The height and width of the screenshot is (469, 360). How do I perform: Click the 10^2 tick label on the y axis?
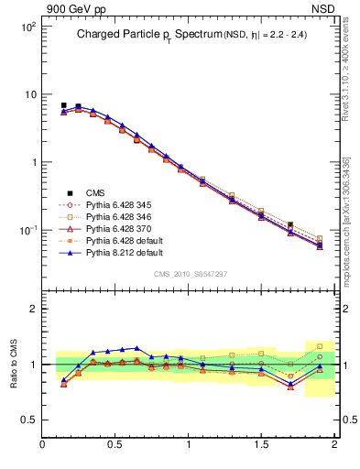click(27, 27)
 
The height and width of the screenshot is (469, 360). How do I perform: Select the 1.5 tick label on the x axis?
click(261, 445)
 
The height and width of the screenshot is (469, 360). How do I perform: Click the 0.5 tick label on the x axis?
click(115, 445)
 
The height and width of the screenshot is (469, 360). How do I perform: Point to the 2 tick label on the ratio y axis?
click(32, 309)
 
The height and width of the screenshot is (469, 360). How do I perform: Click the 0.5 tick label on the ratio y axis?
click(27, 420)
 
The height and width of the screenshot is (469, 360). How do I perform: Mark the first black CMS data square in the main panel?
click(63, 105)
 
